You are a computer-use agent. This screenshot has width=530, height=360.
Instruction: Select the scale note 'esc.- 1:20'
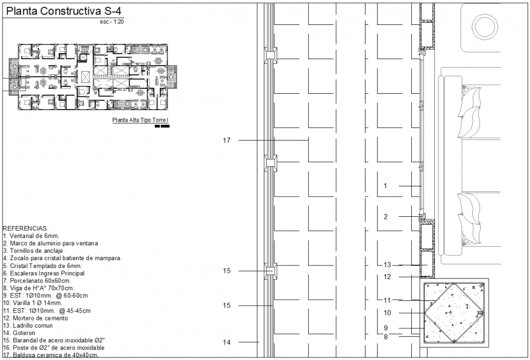tap(114, 22)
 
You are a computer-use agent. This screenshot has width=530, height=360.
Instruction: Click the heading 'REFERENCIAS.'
tap(25, 228)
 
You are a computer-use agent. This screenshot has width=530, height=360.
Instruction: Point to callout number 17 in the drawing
tap(227, 141)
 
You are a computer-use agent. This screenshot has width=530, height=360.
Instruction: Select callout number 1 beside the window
tap(385, 186)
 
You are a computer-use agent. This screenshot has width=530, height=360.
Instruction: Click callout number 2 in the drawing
tap(385, 216)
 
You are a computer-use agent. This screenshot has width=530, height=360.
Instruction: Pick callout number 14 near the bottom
tap(227, 342)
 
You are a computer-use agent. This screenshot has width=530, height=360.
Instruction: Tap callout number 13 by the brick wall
tap(387, 265)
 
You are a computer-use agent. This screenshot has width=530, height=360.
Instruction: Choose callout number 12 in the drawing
tap(387, 277)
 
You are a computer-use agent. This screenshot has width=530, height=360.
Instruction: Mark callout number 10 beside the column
tap(387, 312)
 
